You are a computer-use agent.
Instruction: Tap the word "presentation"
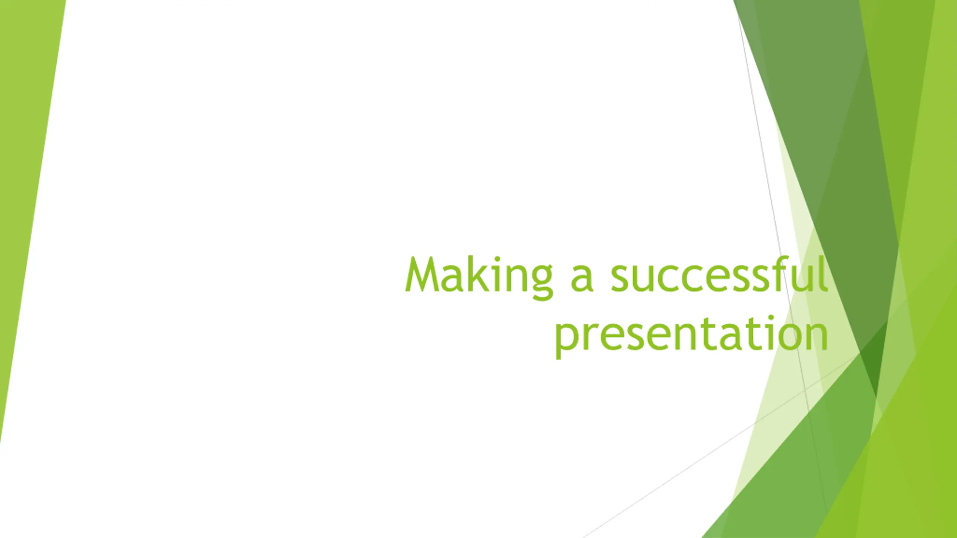point(692,335)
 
